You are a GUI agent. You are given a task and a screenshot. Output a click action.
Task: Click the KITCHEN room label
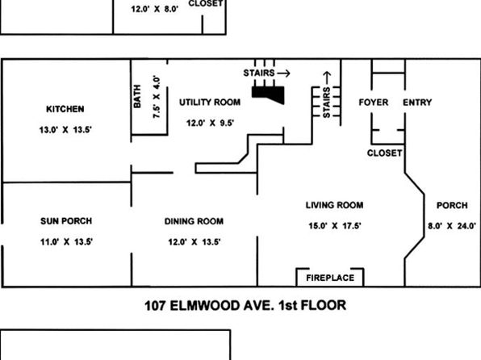click(65, 109)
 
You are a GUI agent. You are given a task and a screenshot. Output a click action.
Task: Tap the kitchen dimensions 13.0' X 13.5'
click(65, 130)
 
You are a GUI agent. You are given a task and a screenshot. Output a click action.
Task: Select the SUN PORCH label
click(66, 221)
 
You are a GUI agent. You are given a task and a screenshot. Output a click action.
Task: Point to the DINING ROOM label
click(194, 221)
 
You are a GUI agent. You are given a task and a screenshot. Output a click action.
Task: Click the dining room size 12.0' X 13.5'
click(194, 242)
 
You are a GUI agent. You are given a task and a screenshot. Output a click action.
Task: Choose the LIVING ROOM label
click(334, 205)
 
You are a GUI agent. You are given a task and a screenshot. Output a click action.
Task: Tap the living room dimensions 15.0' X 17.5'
click(335, 226)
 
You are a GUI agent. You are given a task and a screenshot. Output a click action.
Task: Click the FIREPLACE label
click(330, 278)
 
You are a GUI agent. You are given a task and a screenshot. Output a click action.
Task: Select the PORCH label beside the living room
click(452, 205)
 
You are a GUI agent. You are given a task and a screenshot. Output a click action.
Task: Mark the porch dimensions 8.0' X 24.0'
click(452, 226)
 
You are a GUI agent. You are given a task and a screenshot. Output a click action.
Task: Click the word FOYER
click(374, 103)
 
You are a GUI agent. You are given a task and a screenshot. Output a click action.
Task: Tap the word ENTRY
click(417, 103)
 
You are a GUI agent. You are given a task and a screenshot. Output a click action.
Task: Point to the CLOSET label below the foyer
click(384, 153)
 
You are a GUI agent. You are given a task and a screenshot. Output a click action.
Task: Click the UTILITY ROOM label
click(210, 103)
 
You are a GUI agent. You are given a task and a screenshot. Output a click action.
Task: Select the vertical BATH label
click(137, 96)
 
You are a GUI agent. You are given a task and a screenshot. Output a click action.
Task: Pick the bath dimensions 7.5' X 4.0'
click(157, 97)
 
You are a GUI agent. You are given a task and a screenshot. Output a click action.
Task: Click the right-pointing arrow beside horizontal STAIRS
click(283, 73)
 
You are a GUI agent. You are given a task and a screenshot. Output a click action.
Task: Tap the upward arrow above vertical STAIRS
click(327, 77)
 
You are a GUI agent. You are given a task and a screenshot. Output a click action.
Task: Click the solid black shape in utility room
click(269, 94)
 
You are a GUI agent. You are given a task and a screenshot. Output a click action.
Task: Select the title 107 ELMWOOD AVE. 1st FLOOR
click(245, 306)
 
